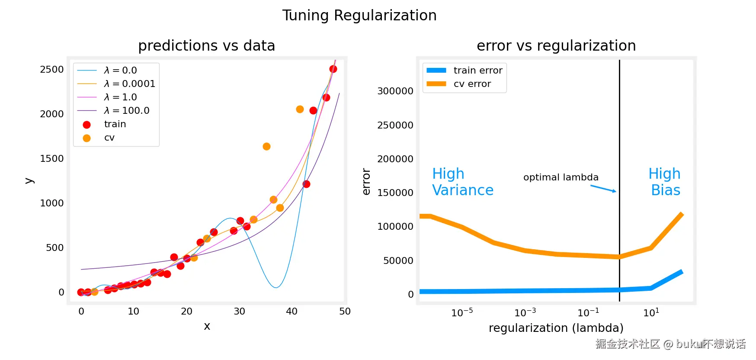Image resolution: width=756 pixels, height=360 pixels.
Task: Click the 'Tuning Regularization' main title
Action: click(359, 16)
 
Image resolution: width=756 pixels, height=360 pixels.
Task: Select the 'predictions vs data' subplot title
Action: click(206, 46)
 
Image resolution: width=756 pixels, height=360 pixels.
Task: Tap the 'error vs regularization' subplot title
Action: click(556, 46)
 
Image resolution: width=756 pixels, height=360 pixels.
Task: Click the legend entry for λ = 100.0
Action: click(126, 111)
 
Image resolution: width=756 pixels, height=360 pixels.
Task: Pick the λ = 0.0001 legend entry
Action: click(129, 84)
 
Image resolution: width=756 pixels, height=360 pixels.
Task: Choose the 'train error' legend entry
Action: click(477, 71)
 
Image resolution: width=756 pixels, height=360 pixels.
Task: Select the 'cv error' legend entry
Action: click(472, 84)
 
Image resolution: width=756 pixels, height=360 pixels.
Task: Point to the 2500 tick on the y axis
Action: click(52, 70)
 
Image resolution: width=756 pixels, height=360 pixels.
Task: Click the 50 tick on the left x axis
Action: click(345, 312)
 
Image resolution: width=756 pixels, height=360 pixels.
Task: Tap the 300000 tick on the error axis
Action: click(395, 91)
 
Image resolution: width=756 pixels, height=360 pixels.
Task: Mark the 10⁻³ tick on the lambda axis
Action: click(525, 312)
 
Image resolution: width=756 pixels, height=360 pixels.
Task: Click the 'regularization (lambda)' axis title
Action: click(556, 328)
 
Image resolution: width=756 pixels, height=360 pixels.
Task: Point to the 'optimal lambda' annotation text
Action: click(561, 177)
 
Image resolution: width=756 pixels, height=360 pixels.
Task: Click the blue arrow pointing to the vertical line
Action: click(604, 189)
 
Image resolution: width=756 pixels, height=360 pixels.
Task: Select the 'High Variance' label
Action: click(463, 182)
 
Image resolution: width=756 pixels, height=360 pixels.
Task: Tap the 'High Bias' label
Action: click(665, 182)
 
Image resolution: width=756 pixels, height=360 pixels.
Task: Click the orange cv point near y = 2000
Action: click(300, 109)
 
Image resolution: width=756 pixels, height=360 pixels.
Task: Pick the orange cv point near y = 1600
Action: click(266, 147)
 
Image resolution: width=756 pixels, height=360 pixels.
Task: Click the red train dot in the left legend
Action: click(86, 125)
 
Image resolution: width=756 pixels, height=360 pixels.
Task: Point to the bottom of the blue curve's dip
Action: click(275, 287)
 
